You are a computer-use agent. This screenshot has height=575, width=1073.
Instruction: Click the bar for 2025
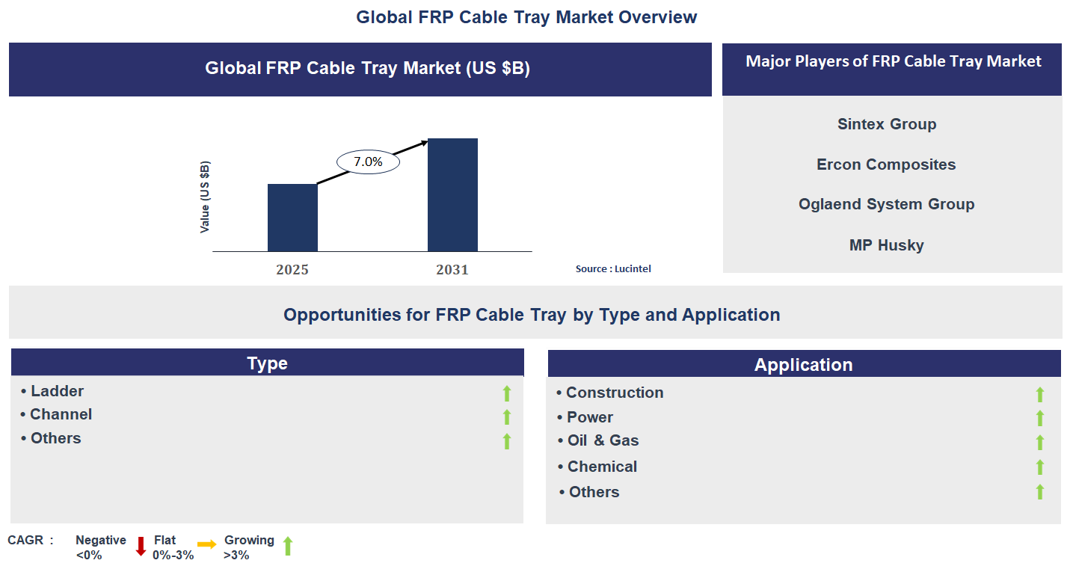tap(292, 218)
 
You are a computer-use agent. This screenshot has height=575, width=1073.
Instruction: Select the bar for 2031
tap(452, 194)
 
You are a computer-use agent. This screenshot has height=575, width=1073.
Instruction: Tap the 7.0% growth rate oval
tap(368, 162)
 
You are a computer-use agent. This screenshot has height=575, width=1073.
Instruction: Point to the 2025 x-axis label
tap(292, 270)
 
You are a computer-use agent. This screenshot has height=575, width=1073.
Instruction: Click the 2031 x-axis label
tap(452, 270)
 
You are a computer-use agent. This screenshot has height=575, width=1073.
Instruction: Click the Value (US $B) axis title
tap(205, 197)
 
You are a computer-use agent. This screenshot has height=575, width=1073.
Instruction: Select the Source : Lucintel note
tap(613, 268)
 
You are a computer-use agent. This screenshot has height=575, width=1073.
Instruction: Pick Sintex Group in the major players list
tap(887, 124)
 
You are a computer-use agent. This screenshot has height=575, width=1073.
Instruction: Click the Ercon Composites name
tap(886, 164)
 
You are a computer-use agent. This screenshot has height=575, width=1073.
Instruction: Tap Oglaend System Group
tap(886, 204)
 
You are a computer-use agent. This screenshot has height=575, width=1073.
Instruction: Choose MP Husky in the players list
tap(886, 245)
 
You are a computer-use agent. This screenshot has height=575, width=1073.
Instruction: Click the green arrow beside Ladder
tap(506, 393)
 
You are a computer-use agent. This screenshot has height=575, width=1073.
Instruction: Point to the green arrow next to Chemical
tap(1039, 467)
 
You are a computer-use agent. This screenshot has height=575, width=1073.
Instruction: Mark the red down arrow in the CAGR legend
tap(141, 546)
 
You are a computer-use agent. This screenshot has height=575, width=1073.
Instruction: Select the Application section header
tap(804, 364)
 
